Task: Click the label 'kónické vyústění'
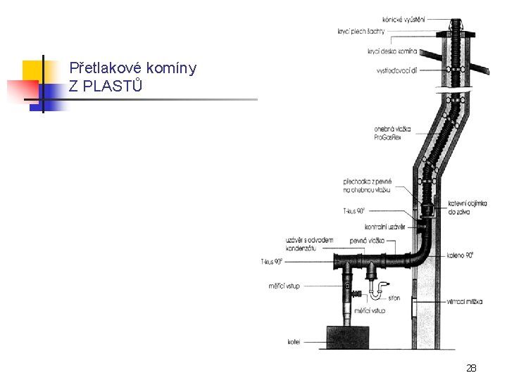(x=404, y=18)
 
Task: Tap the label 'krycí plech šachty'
(x=361, y=31)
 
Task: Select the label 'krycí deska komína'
(x=392, y=51)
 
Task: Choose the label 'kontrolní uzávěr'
(x=384, y=227)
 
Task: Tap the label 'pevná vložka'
(x=370, y=241)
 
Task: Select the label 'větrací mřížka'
(x=465, y=301)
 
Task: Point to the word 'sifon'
(x=394, y=298)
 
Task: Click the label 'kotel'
(x=294, y=342)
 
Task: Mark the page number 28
(x=471, y=368)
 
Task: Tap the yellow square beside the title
(x=32, y=70)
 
